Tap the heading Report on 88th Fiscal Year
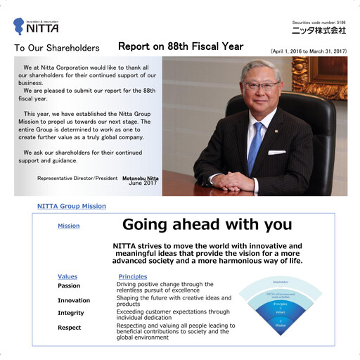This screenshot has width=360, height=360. (x=181, y=46)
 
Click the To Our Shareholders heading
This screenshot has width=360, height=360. (x=57, y=49)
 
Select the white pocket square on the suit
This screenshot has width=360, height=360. (x=277, y=152)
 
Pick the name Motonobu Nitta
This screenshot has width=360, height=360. (x=140, y=178)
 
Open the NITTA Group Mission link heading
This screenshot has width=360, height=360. (x=72, y=206)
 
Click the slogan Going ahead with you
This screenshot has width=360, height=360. (x=207, y=224)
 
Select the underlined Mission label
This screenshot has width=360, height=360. (x=68, y=226)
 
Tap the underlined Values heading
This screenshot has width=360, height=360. (x=67, y=276)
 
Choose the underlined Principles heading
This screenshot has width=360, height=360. (x=133, y=276)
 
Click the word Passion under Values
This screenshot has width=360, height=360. (x=69, y=286)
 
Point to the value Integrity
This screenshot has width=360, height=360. (x=70, y=313)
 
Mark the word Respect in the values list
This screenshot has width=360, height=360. (x=69, y=328)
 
